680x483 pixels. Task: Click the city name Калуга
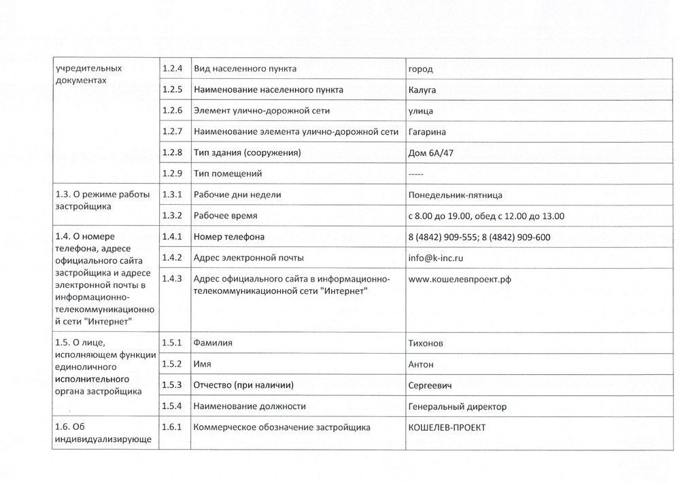[x=422, y=90]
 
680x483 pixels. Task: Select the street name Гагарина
[x=427, y=132]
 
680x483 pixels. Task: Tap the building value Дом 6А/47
[x=430, y=153]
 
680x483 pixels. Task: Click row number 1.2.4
[x=173, y=69]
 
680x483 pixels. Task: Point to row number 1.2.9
[x=173, y=174]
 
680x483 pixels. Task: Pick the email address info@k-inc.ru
[x=436, y=259]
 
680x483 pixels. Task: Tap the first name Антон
[x=421, y=365]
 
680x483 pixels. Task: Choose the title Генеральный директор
[x=457, y=407]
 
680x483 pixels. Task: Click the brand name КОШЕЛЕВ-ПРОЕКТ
[x=447, y=428]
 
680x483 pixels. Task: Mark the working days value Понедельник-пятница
[x=455, y=195]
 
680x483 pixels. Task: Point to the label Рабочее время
[x=226, y=216]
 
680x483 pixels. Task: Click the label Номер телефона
[x=228, y=237]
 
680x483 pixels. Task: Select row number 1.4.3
[x=173, y=280]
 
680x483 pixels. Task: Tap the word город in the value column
[x=420, y=69]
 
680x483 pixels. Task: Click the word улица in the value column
[x=420, y=111]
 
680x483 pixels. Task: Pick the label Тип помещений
[x=228, y=174]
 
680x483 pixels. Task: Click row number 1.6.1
[x=173, y=428]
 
